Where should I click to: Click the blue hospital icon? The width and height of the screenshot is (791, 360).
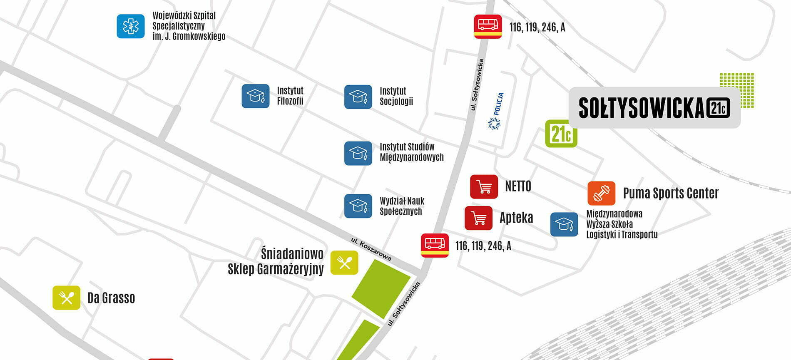(131, 26)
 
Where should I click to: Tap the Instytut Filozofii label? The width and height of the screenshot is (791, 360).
(290, 96)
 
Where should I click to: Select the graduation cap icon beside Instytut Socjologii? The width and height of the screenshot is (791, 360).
(358, 97)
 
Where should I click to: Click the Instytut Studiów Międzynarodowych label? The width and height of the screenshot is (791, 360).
(411, 152)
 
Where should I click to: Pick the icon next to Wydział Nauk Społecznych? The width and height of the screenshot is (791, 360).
(358, 206)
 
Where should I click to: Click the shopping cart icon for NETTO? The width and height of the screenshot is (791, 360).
(484, 186)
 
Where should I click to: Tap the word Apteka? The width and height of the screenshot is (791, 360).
(516, 218)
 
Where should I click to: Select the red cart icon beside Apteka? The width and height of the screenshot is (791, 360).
(478, 218)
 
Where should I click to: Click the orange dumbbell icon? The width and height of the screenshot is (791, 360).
(601, 194)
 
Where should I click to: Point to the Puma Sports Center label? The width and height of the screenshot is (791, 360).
(671, 193)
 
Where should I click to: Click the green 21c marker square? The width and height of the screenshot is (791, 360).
(561, 134)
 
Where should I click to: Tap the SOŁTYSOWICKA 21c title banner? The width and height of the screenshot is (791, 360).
(654, 107)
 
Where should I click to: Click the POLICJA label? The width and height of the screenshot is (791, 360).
(498, 104)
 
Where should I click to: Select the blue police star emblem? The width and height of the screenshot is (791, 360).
(494, 123)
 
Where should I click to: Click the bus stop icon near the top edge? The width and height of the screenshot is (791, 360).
(488, 27)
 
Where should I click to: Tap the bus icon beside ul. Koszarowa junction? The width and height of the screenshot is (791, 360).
(435, 245)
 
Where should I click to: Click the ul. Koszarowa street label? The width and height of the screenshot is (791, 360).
(371, 249)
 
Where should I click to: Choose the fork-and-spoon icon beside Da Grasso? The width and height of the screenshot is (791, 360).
(66, 298)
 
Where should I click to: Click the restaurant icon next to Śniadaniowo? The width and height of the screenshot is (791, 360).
(344, 263)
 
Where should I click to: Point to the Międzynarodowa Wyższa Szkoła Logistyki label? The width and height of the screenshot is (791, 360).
(622, 224)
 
